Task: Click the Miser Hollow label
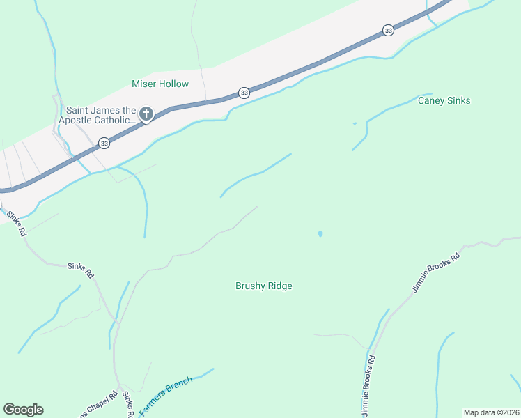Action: coord(160,84)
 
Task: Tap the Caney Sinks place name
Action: coord(444,101)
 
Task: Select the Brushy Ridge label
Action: coord(263,286)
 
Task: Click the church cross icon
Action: coord(146,114)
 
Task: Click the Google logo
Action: coord(23,410)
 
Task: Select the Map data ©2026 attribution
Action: coord(491,412)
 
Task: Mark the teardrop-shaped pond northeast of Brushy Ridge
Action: coord(320,234)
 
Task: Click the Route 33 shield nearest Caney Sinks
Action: coord(388,30)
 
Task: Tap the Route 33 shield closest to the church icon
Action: coord(104,144)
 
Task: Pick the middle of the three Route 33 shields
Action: coord(243,93)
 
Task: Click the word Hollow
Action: coord(173,84)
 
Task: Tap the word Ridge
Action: coord(279,286)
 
